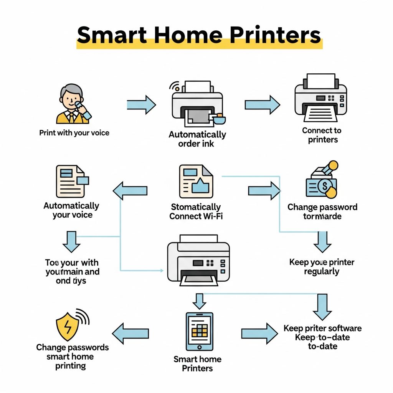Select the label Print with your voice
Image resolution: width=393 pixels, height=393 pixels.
point(74,133)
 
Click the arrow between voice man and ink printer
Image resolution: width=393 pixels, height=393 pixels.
point(141,104)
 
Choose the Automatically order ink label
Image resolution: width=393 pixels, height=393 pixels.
point(197,139)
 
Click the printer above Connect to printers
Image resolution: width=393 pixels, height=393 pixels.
point(321,96)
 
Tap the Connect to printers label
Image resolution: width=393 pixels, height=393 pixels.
point(322,135)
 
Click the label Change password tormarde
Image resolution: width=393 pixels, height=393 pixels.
point(322,212)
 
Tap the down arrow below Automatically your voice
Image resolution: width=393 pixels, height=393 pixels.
point(71,241)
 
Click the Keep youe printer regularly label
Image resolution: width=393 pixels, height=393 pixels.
point(322,267)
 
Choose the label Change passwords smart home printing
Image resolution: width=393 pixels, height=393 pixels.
point(72,357)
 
